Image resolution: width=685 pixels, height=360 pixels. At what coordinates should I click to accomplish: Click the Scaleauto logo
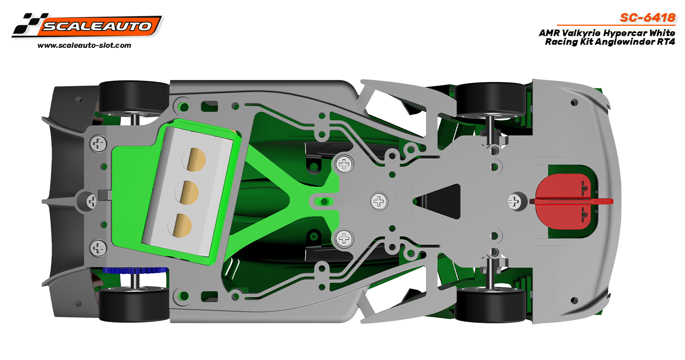[87, 25]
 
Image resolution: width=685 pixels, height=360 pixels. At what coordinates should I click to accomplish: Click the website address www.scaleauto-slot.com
[85, 46]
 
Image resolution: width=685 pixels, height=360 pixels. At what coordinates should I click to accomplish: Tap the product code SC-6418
[647, 18]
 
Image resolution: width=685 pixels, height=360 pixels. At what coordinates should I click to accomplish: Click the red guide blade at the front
[571, 201]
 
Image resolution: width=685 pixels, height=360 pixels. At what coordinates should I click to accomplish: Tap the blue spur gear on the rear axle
[135, 270]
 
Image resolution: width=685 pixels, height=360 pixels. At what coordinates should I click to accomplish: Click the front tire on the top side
[490, 99]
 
